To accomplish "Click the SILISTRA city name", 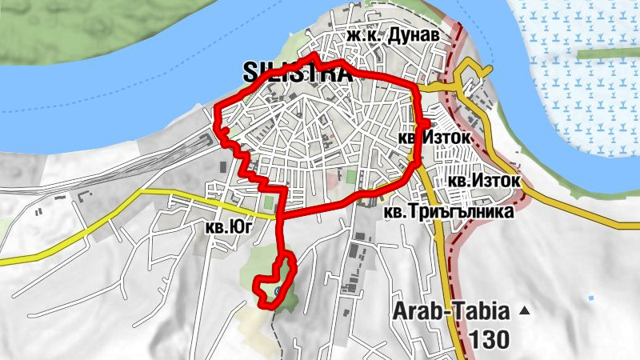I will (298, 73).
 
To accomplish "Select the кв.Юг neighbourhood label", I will (229, 227).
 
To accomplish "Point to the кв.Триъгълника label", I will (447, 213).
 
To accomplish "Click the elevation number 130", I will (489, 339).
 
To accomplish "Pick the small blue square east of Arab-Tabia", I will (591, 298).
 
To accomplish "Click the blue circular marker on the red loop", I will (277, 292).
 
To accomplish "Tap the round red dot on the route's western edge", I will (226, 131).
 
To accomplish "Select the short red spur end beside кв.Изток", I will (428, 124).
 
